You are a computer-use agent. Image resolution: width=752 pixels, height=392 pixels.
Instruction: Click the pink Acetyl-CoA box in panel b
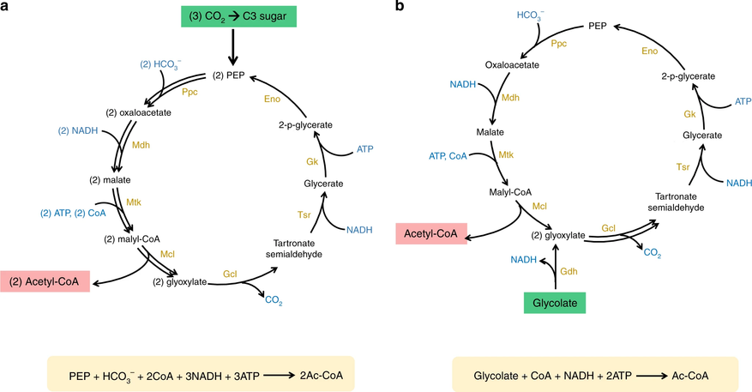pos(431,233)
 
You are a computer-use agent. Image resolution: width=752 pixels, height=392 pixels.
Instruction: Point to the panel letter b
pos(399,8)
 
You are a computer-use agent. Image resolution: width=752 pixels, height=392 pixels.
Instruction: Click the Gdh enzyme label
pos(569,271)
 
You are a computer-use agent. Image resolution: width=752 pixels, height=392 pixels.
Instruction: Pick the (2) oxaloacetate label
pos(141,113)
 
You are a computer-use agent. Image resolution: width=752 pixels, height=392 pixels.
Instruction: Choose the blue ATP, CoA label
pos(448,155)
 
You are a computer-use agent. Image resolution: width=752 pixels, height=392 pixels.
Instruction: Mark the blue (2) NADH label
pos(76,131)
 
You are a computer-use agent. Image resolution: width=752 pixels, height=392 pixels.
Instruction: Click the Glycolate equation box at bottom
pos(593,376)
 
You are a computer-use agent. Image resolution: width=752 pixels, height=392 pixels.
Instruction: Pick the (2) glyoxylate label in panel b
pos(559,234)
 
